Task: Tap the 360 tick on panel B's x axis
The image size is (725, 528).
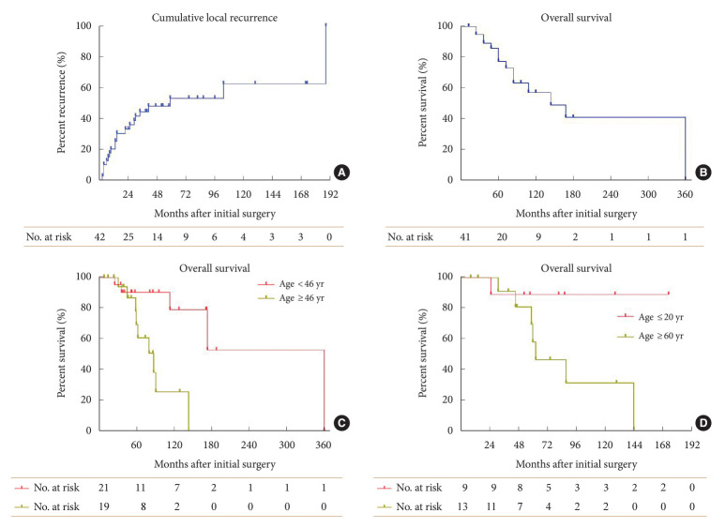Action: [685, 193]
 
